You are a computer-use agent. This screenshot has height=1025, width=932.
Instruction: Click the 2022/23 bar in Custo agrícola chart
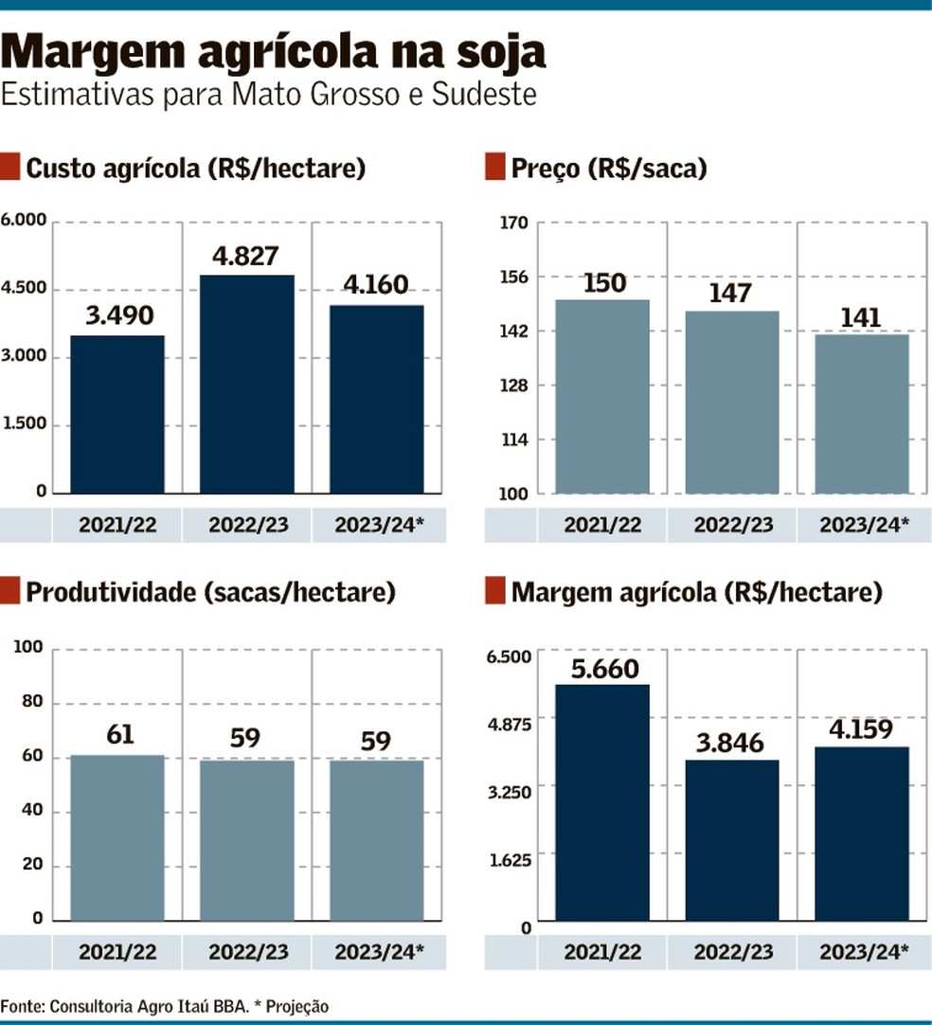[x=247, y=384]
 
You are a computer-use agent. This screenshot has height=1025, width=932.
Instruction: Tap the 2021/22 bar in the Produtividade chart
[x=117, y=837]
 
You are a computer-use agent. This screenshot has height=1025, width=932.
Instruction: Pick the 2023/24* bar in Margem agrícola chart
[x=862, y=834]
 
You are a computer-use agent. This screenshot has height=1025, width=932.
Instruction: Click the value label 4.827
[x=247, y=257]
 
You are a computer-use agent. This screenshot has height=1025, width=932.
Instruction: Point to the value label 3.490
[x=117, y=316]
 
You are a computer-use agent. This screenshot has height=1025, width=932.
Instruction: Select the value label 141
[x=861, y=317]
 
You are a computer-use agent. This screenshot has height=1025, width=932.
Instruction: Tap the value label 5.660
[x=603, y=668]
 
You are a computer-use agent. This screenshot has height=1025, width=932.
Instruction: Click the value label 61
[x=117, y=736]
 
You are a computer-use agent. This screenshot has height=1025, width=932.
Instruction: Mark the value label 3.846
[x=732, y=742]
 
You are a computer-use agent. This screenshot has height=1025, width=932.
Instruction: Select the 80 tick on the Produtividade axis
[x=31, y=702]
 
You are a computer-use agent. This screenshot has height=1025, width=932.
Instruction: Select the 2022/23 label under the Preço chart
[x=732, y=525]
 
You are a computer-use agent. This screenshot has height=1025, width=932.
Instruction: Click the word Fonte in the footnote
[x=20, y=1006]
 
